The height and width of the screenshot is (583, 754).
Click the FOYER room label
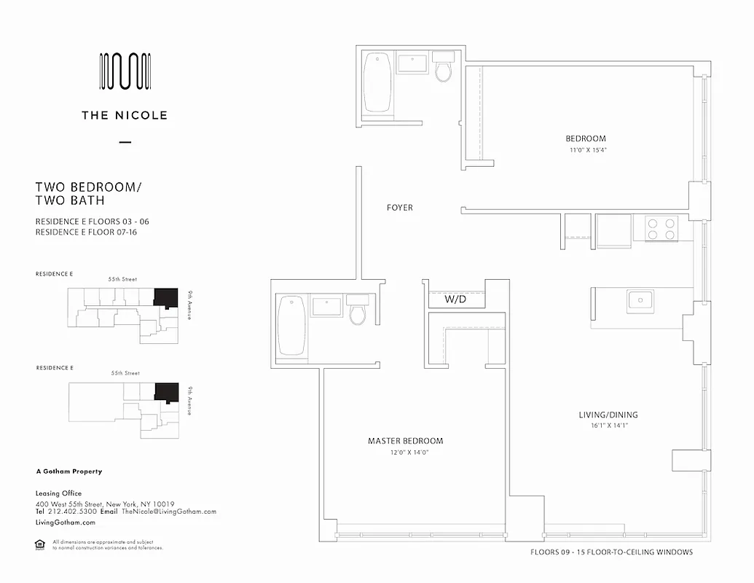pos(399,208)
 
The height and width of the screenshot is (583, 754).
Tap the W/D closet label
pos(457,300)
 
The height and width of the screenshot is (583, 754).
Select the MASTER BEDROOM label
pos(405,441)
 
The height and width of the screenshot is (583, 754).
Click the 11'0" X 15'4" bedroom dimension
pos(588,150)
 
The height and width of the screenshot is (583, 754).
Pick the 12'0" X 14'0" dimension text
pos(405,453)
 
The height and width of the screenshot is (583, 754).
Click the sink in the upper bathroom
pos(413,64)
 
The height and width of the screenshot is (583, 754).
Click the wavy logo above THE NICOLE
pos(125,71)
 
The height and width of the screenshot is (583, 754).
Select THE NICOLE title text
pos(125,115)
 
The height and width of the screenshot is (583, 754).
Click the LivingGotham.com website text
pos(66,523)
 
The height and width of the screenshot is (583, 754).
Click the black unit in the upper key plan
pos(165,297)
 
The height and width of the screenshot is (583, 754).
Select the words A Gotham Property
pos(69,472)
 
